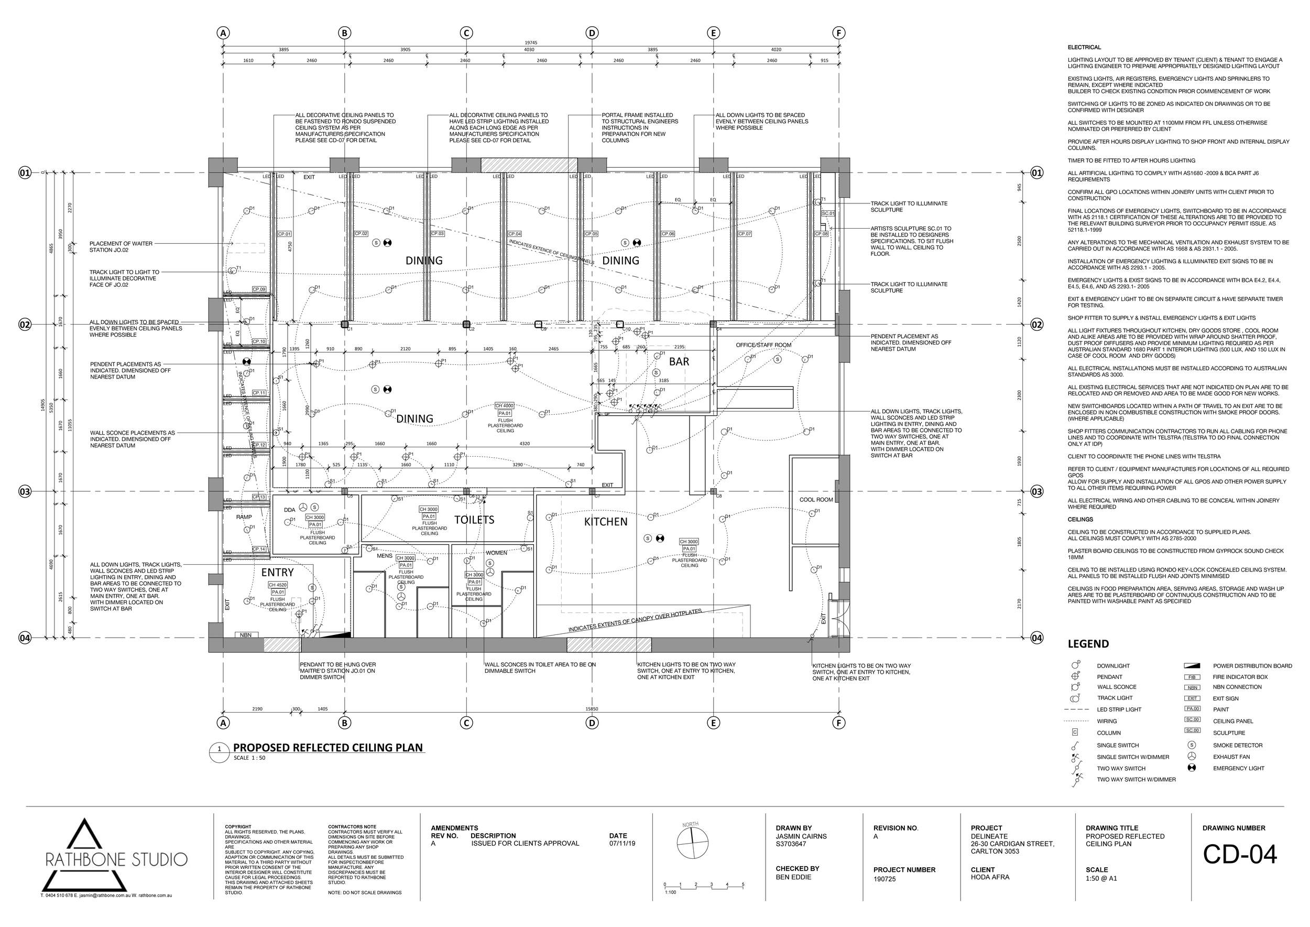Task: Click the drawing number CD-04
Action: click(1239, 855)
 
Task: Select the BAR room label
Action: click(679, 361)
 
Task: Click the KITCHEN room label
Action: click(605, 522)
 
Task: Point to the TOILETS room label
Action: click(474, 520)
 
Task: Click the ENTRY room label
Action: click(277, 573)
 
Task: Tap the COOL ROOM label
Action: click(816, 500)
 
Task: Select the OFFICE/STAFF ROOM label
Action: click(763, 345)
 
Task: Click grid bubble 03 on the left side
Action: click(25, 491)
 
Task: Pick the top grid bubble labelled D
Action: click(592, 33)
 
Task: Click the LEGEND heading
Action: click(1088, 644)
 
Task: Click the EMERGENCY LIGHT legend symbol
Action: click(1192, 768)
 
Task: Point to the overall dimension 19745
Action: click(531, 43)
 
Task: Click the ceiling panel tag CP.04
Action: click(515, 234)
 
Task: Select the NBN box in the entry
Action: click(245, 635)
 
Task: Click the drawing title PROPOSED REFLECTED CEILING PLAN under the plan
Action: click(327, 748)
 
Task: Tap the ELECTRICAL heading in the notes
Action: click(1084, 47)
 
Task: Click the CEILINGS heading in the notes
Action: click(1080, 520)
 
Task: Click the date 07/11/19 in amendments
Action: click(622, 843)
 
